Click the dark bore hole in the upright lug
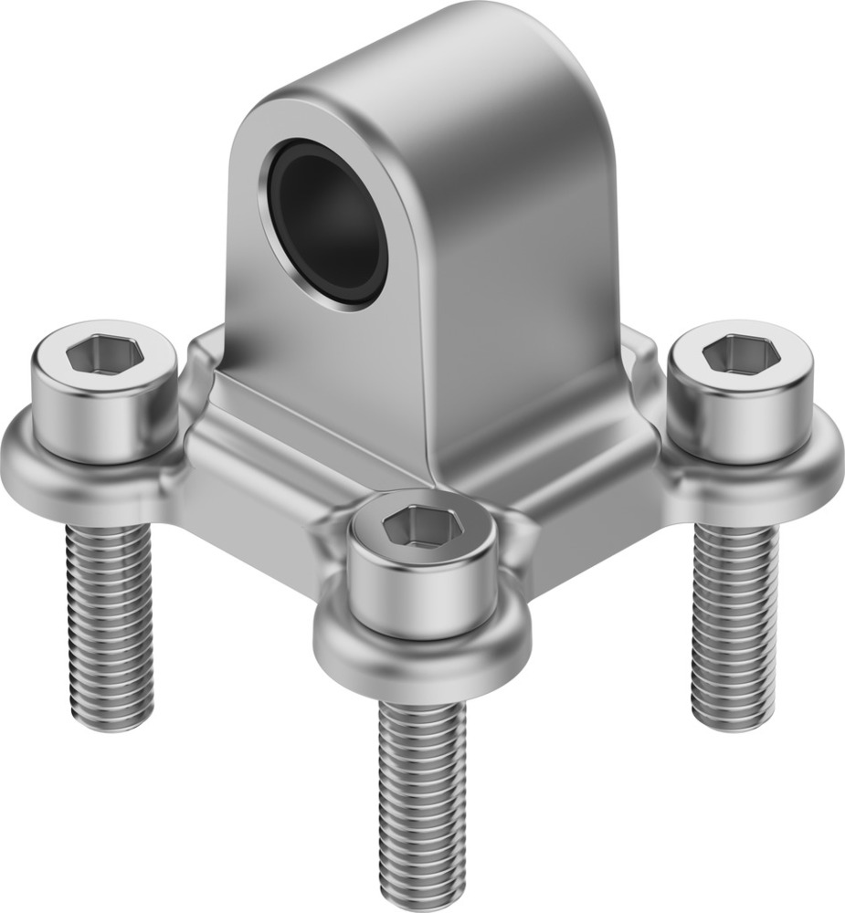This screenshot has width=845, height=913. coord(329,224)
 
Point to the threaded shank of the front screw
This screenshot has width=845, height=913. coord(422,776)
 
